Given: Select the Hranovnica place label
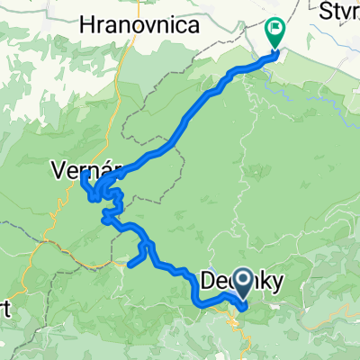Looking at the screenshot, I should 139,26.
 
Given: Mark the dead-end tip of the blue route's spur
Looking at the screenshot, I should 130,265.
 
